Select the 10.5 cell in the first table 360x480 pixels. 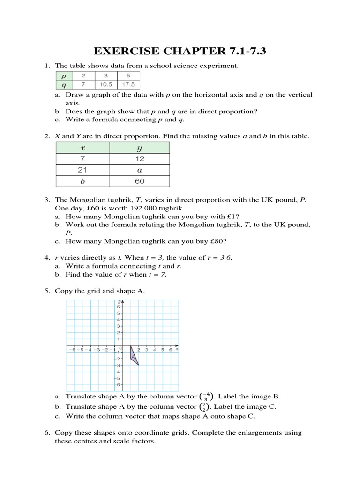click(106, 85)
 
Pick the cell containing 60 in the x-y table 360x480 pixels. click(139, 181)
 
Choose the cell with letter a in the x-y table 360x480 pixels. click(139, 170)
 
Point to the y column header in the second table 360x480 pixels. click(139, 148)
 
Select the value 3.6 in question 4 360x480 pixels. click(225, 258)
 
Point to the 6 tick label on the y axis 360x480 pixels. click(119, 306)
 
